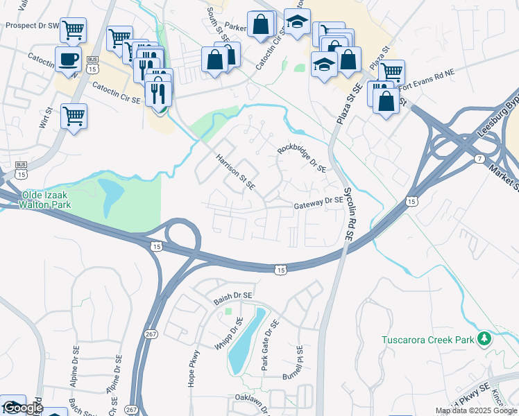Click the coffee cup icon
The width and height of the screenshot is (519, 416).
68,59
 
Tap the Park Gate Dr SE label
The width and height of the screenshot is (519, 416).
269,344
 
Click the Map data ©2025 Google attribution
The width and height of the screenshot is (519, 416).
475,410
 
